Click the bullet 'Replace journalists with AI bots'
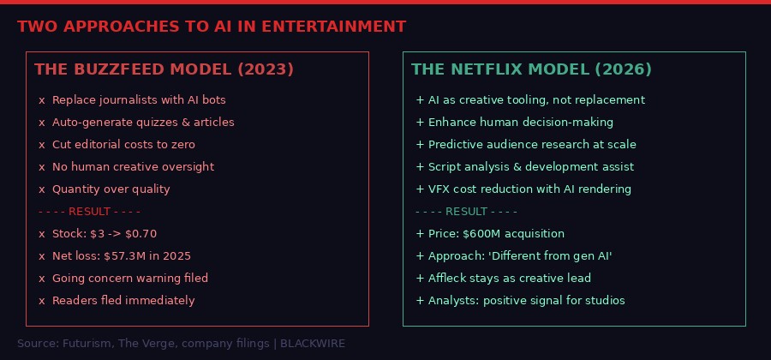(139, 100)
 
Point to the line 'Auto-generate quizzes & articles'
(143, 123)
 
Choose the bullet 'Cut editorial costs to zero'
(123, 145)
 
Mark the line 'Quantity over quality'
(111, 189)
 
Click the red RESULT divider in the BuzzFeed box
(89, 212)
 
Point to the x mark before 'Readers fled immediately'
(42, 301)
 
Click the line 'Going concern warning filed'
(130, 279)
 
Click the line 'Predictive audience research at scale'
(532, 145)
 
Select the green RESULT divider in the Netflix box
(466, 212)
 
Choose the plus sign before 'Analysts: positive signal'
(420, 301)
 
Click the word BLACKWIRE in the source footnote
(313, 344)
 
